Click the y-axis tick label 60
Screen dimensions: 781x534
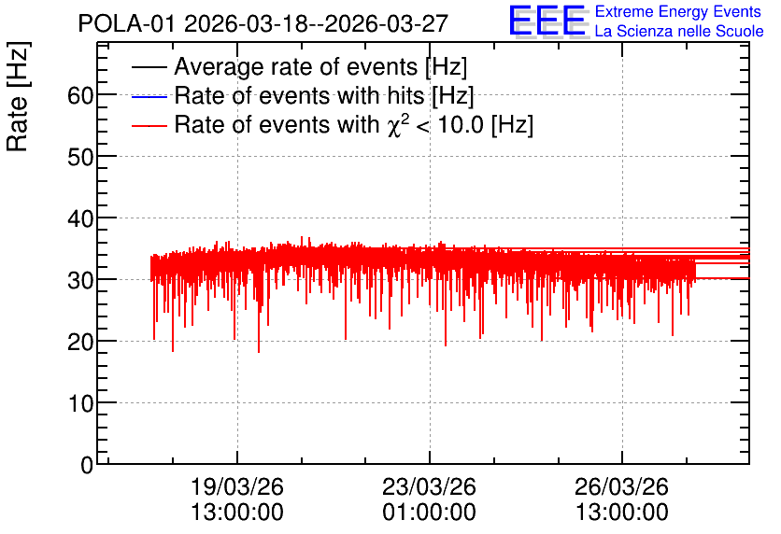click(x=80, y=95)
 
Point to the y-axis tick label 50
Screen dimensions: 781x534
click(x=80, y=157)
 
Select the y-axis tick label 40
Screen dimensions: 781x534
click(x=80, y=219)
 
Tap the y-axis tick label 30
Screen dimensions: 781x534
click(x=80, y=281)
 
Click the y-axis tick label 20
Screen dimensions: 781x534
click(x=80, y=343)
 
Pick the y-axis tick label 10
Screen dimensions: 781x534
click(x=80, y=404)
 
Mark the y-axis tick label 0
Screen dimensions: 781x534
click(x=87, y=465)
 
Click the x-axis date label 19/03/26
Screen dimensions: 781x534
click(x=237, y=486)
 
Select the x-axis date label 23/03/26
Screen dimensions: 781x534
click(x=430, y=486)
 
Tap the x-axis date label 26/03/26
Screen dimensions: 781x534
click(x=621, y=486)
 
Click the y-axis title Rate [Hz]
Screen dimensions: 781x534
click(x=18, y=96)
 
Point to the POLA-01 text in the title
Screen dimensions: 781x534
click(x=127, y=24)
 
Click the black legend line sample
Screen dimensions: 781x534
click(x=149, y=67)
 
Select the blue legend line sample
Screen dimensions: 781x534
click(x=149, y=96)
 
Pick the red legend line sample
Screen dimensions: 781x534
click(x=149, y=126)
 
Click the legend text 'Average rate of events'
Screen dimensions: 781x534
click(x=296, y=66)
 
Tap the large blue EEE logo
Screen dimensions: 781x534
click(x=547, y=21)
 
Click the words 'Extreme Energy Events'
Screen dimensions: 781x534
click(x=678, y=11)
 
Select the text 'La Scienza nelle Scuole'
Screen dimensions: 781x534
click(x=679, y=31)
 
